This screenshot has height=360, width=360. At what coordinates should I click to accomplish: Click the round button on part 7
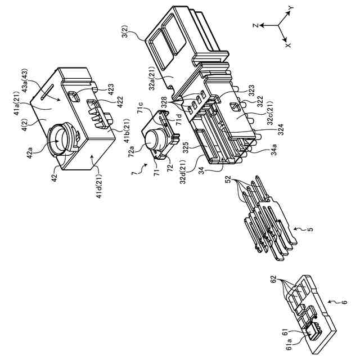(x=154, y=138)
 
